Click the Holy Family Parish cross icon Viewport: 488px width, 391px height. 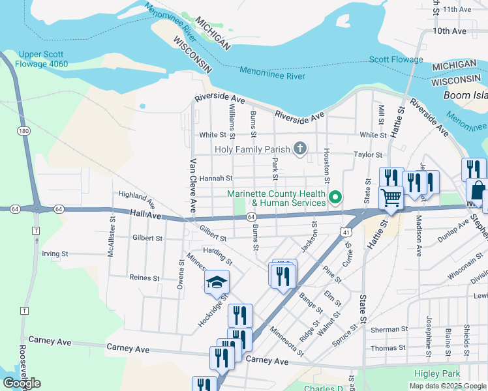click(300, 149)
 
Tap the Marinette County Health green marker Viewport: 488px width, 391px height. click(335, 196)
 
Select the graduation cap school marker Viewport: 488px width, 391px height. click(217, 282)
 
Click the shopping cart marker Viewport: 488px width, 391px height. click(391, 196)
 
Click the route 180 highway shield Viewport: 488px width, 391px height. click(24, 131)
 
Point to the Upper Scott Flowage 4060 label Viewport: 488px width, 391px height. click(44, 59)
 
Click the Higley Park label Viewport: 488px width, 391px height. click(437, 373)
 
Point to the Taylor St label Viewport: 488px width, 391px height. click(368, 155)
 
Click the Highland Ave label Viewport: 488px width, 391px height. click(136, 199)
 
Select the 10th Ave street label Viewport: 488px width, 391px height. click(450, 31)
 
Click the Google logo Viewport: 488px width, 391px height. click(22, 383)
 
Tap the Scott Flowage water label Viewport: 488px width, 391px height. click(396, 60)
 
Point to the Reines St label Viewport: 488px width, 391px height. click(144, 278)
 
